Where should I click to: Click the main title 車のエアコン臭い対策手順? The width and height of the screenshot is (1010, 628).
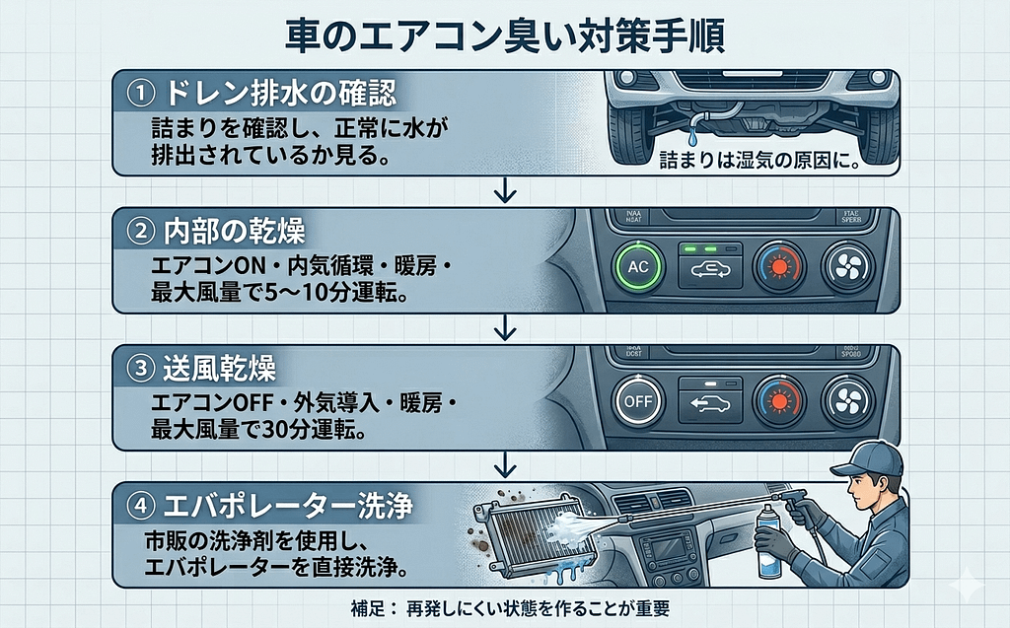click(x=505, y=35)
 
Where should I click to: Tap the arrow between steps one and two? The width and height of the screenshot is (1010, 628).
click(x=505, y=189)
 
